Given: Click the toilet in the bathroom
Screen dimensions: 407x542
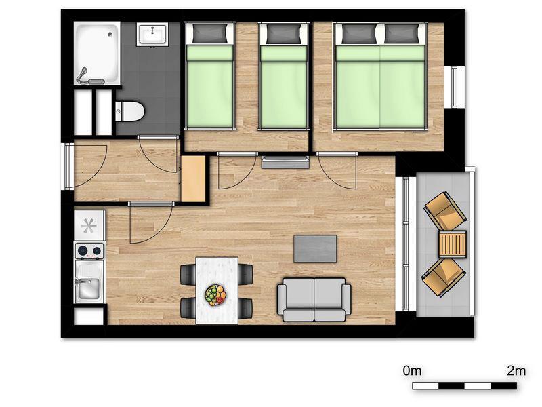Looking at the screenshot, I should pyautogui.click(x=129, y=110).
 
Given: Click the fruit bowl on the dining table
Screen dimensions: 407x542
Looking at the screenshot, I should pyautogui.click(x=215, y=294).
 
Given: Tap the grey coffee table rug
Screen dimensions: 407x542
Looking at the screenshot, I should pyautogui.click(x=315, y=248).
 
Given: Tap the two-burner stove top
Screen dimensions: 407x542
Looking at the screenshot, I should pyautogui.click(x=89, y=252).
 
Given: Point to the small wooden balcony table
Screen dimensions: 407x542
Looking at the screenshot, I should pyautogui.click(x=452, y=244).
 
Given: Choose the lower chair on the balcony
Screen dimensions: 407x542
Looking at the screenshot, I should pyautogui.click(x=444, y=277).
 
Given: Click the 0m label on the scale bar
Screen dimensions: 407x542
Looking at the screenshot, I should pyautogui.click(x=413, y=370).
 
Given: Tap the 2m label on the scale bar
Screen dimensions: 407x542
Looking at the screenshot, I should pyautogui.click(x=516, y=370).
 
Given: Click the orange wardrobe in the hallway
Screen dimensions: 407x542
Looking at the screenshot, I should pyautogui.click(x=193, y=178).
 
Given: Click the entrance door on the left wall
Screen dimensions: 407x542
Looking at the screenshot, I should pyautogui.click(x=69, y=166).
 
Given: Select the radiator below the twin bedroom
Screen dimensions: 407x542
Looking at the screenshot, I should pyautogui.click(x=285, y=161).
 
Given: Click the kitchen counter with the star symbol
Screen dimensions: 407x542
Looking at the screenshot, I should pyautogui.click(x=89, y=225).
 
